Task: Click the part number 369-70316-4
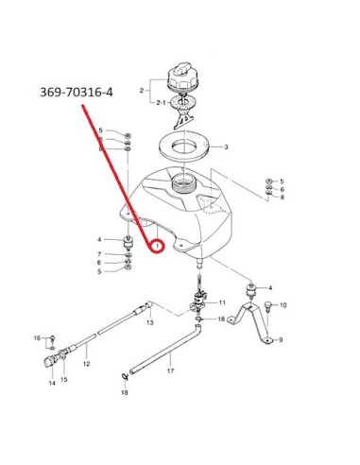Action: tap(77, 93)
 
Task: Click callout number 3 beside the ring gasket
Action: tap(226, 146)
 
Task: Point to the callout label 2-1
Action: tap(161, 103)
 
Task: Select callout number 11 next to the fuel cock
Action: tap(222, 302)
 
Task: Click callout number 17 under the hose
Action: tap(170, 371)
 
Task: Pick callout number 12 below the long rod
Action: tap(87, 364)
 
